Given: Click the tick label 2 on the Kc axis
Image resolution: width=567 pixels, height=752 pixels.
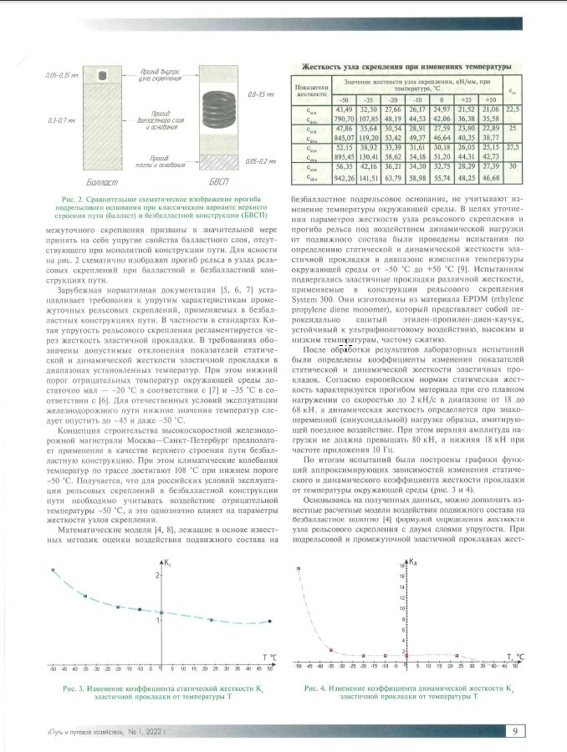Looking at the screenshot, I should [x=157, y=577].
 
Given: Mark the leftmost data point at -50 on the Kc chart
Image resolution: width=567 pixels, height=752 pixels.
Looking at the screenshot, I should [x=53, y=571].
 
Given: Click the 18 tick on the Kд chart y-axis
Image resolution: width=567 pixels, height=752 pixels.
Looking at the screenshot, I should [x=403, y=567].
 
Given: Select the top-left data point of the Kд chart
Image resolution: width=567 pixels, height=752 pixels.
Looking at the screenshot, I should [x=299, y=568].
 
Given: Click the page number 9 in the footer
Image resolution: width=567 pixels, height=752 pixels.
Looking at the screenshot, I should [x=516, y=733].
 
